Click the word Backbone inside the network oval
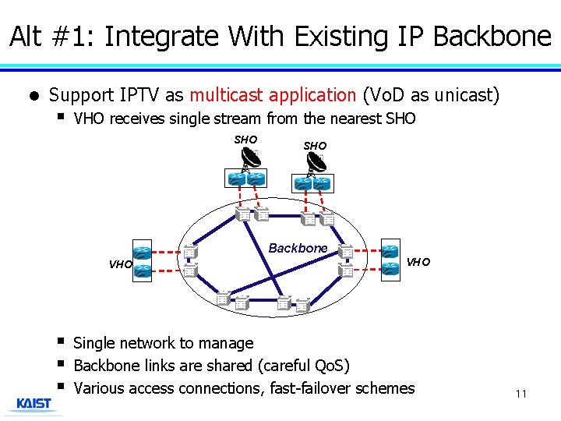(x=298, y=248)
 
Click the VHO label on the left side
(x=120, y=264)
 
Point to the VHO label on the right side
(x=418, y=262)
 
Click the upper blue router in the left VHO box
(x=141, y=253)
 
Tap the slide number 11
(x=520, y=394)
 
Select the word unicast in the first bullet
(x=464, y=95)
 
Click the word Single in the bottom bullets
(x=94, y=343)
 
